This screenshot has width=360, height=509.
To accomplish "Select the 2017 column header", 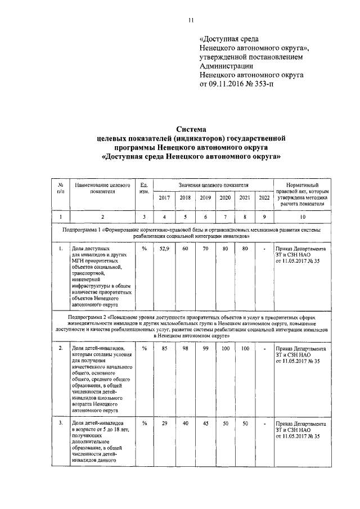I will (x=164, y=197).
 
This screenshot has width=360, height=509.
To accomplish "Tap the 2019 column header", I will (x=205, y=197).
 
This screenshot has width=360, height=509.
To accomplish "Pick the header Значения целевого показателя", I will (x=214, y=185).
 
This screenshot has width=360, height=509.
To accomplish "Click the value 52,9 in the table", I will (x=164, y=249).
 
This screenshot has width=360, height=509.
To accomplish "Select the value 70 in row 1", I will (x=205, y=249).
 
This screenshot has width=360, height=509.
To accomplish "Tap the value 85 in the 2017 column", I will (x=164, y=349).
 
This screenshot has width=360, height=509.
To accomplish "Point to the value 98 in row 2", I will (x=185, y=349).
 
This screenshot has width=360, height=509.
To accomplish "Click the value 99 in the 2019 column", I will (x=205, y=349).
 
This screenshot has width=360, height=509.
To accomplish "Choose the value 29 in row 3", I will (x=164, y=423).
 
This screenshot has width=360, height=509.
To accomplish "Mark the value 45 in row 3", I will (x=205, y=423).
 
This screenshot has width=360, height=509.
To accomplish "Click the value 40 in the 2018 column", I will (x=185, y=423).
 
